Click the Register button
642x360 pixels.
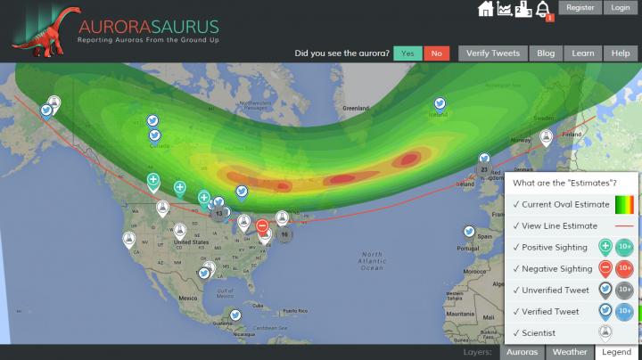(x=580, y=8)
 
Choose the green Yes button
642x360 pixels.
(x=407, y=53)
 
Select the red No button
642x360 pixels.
(x=436, y=53)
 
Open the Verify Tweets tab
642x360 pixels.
(x=493, y=53)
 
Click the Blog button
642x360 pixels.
(x=546, y=53)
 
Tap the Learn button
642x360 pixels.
(x=583, y=53)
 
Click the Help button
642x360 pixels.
(x=621, y=53)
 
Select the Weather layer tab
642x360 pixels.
(x=570, y=352)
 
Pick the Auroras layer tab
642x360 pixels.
(x=523, y=352)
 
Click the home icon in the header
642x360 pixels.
(x=486, y=9)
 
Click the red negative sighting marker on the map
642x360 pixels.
(x=262, y=226)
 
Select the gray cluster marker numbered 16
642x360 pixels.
(x=284, y=234)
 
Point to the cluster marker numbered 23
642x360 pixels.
(x=484, y=168)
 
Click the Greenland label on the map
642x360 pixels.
(x=355, y=108)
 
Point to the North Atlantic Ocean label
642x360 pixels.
(x=371, y=259)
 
